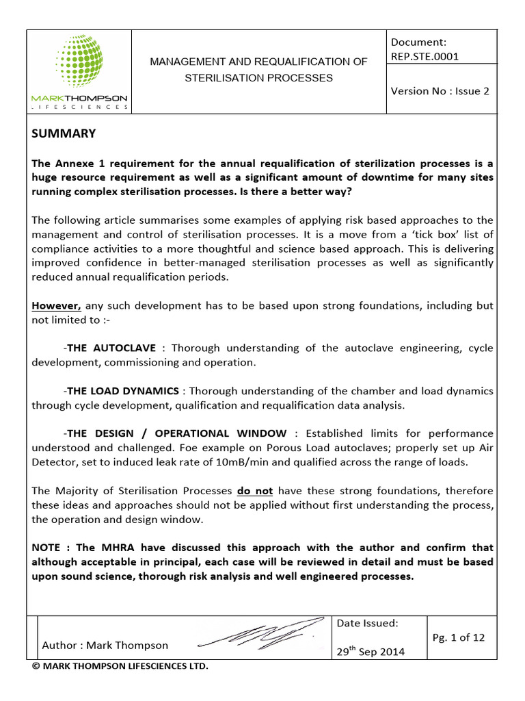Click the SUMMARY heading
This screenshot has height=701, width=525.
click(x=64, y=133)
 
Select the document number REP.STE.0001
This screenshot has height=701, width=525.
click(x=425, y=56)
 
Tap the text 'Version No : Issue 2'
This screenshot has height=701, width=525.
click(x=440, y=90)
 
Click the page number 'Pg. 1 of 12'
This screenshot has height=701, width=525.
click(x=459, y=637)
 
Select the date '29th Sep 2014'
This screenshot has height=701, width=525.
click(x=371, y=651)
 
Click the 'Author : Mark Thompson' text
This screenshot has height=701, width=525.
click(x=105, y=645)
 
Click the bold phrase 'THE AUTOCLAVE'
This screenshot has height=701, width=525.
click(x=111, y=348)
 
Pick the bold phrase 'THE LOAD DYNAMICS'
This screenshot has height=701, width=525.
click(x=123, y=391)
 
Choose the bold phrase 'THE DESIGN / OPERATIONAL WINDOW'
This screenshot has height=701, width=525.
click(x=177, y=433)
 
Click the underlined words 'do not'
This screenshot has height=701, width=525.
click(x=254, y=491)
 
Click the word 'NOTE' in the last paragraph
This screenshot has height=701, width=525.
click(x=49, y=548)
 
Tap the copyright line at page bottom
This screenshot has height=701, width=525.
click(x=120, y=666)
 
